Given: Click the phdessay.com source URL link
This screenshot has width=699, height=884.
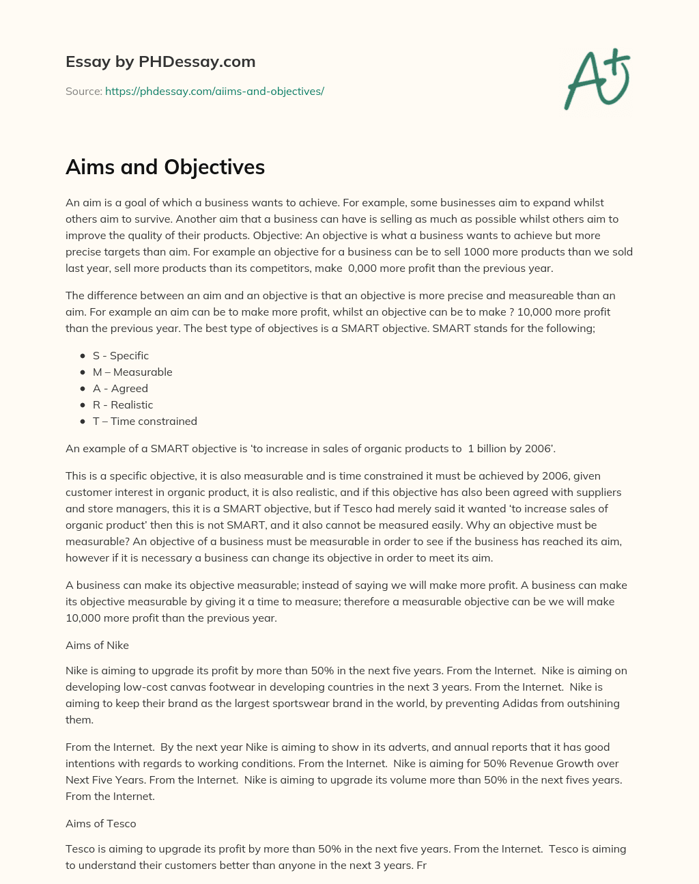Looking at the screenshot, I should (214, 91).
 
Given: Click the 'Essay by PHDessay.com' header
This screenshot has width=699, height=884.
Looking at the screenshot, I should (160, 61).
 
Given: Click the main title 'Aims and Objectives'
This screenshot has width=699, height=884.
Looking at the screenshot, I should (165, 167).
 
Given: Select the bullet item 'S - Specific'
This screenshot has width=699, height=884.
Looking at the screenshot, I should (121, 356).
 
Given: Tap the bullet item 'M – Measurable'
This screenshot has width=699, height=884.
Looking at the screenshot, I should (132, 372).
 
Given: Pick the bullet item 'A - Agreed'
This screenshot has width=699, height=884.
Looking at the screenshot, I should (120, 389).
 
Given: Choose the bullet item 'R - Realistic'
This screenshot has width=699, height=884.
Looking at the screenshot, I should (123, 405).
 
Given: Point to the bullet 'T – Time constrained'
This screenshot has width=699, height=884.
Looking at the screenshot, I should (145, 422).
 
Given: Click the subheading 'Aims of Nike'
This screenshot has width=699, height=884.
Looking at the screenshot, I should (97, 646).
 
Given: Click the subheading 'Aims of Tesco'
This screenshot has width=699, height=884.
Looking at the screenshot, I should (101, 824).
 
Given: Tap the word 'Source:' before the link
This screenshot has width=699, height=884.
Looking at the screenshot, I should (83, 91).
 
